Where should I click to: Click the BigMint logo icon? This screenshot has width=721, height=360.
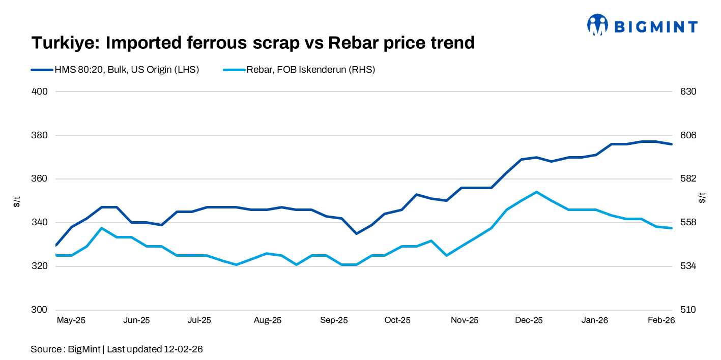(x=597, y=25)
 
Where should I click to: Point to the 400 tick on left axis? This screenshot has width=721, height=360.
(x=40, y=92)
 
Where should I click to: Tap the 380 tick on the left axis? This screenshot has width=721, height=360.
(x=40, y=135)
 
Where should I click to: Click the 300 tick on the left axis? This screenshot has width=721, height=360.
(x=40, y=310)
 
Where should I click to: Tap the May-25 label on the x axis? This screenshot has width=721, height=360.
(x=71, y=320)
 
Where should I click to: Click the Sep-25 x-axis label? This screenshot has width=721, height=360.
(x=334, y=320)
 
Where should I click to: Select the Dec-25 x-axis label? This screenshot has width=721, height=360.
(x=529, y=320)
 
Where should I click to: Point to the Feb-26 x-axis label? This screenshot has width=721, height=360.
(x=660, y=320)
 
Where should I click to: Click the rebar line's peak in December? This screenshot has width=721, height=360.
(x=536, y=192)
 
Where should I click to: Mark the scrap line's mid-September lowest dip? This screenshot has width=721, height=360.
(x=356, y=233)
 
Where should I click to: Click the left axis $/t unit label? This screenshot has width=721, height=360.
(x=17, y=201)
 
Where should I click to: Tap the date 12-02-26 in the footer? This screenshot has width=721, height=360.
(x=183, y=349)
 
